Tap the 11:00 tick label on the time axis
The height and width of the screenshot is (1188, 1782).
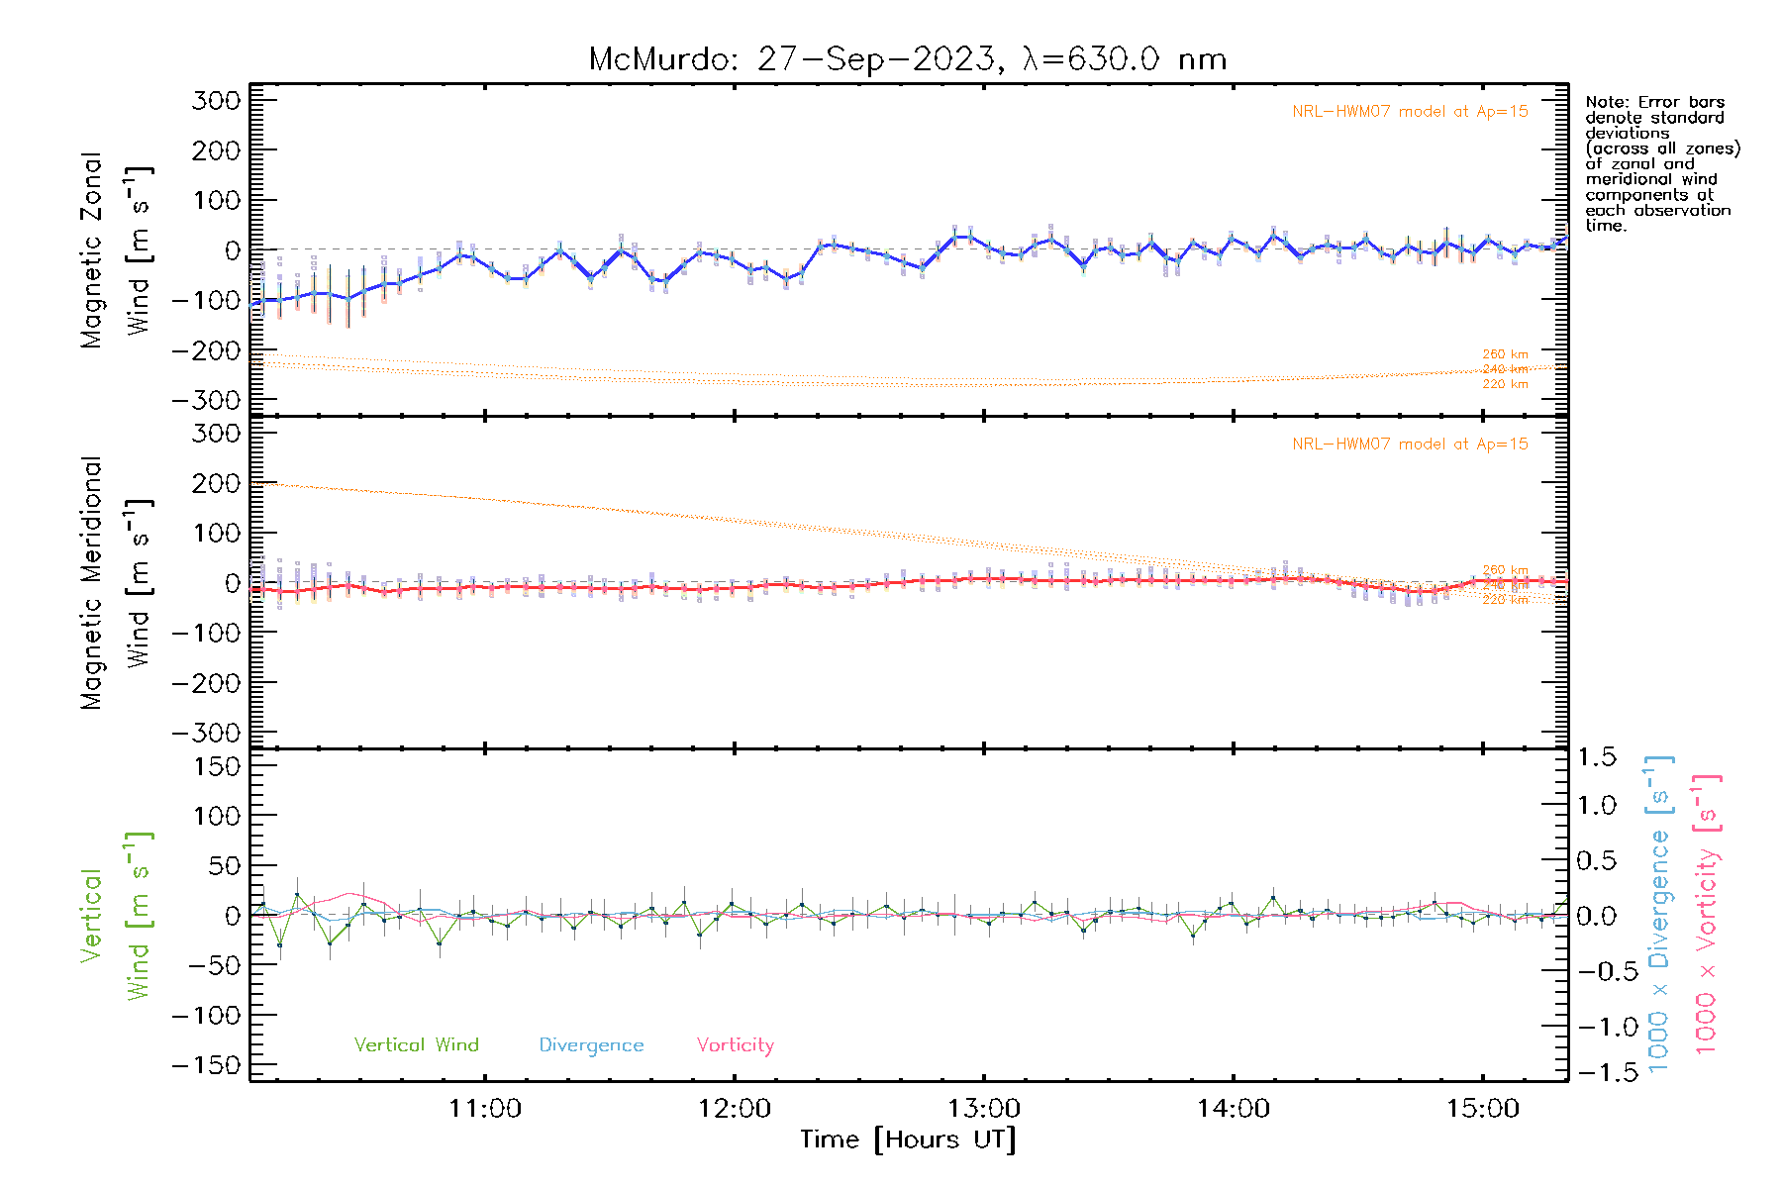484,1109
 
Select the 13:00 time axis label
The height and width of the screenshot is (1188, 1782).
983,1109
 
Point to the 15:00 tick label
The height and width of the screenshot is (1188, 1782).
1482,1109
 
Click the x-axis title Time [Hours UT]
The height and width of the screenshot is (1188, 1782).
907,1140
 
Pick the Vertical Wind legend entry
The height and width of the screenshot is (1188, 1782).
416,1045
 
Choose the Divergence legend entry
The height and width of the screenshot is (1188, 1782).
591,1045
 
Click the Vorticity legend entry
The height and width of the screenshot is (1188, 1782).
735,1045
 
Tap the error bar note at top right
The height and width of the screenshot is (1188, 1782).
1661,163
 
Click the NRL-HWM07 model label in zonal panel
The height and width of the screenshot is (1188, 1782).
1410,112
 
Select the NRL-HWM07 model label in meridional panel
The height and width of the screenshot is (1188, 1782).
1410,445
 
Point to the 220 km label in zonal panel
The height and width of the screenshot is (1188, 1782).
1505,384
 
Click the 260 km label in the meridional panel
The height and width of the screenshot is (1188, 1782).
1505,570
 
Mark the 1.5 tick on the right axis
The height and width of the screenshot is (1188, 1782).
1597,757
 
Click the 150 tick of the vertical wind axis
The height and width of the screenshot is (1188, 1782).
217,766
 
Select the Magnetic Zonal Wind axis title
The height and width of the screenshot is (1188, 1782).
116,249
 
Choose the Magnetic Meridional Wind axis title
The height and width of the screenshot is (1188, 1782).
116,583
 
